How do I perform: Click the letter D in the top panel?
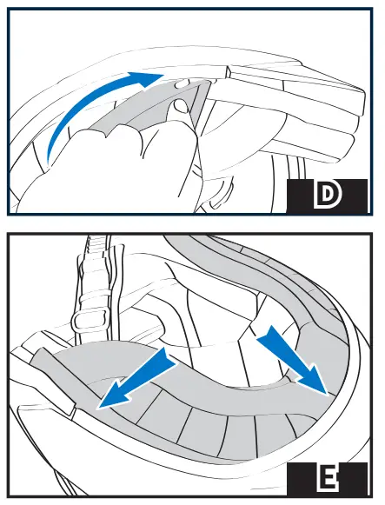(x=327, y=196)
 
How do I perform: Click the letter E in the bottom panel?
(x=327, y=478)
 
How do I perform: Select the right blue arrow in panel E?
(x=292, y=360)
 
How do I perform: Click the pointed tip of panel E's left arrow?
(x=99, y=409)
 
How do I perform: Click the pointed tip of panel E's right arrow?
(x=328, y=394)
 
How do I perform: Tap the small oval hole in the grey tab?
(x=181, y=83)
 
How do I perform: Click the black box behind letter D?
(x=327, y=196)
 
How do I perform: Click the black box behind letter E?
(x=327, y=479)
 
